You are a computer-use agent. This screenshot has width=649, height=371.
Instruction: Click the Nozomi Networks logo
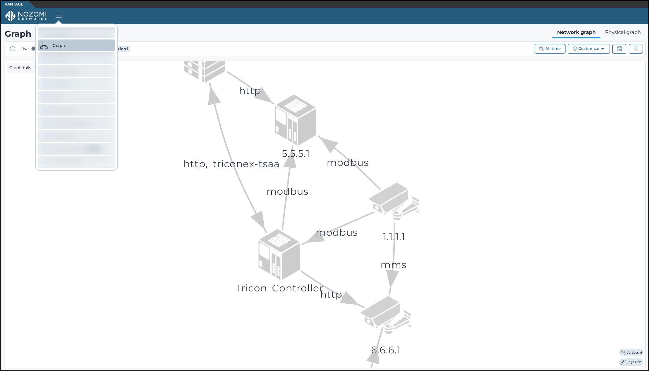[26, 16]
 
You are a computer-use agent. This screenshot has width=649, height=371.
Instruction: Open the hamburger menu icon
[59, 16]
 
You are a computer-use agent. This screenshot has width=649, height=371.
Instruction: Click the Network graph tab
[576, 32]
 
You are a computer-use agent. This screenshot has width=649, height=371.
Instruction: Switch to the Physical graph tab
[622, 32]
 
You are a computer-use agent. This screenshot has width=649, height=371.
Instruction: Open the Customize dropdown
[588, 49]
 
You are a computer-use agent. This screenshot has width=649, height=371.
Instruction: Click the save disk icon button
[619, 49]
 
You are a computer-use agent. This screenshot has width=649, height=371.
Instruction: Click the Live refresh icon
[13, 49]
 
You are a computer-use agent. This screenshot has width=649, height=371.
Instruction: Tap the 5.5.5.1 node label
[295, 154]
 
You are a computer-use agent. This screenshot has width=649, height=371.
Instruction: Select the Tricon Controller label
[279, 288]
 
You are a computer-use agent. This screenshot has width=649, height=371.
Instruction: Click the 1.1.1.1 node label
[394, 237]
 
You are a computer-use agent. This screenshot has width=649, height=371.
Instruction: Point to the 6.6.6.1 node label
[385, 350]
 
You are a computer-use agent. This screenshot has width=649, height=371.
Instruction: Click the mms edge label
[393, 265]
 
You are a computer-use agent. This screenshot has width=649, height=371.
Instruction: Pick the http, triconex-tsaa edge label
[231, 164]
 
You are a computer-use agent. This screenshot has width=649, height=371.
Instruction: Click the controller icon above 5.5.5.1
[295, 120]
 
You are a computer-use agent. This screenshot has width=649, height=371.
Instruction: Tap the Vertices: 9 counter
[631, 352]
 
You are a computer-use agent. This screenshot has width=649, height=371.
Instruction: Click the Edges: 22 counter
[631, 362]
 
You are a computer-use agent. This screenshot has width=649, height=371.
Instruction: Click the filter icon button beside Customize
[636, 49]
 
